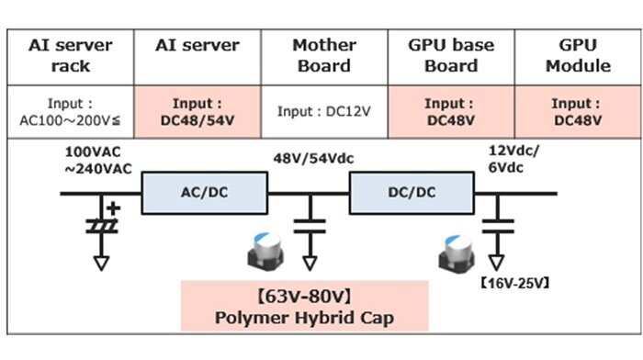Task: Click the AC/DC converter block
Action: tap(205, 193)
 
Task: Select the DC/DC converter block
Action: tap(412, 193)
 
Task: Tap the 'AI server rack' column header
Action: tap(71, 56)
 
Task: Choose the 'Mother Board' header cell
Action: tap(324, 56)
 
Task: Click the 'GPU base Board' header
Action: tap(451, 56)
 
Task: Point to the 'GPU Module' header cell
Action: tap(578, 56)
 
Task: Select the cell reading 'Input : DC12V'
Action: tap(324, 111)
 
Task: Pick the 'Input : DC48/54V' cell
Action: tap(197, 111)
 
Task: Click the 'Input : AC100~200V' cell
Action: tap(71, 111)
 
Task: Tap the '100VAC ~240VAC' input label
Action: tap(98, 161)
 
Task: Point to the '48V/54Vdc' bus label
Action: tap(313, 159)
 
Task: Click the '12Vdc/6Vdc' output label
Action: tap(513, 159)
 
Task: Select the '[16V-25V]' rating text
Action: tap(515, 284)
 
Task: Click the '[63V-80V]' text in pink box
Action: tap(304, 296)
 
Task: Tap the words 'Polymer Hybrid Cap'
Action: tap(304, 318)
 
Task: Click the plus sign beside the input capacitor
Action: tap(114, 208)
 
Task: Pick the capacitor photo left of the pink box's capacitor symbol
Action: tap(265, 251)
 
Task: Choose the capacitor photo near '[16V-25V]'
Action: tap(457, 253)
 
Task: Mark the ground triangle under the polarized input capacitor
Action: tap(101, 263)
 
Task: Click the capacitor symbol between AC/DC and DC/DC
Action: tap(310, 226)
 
